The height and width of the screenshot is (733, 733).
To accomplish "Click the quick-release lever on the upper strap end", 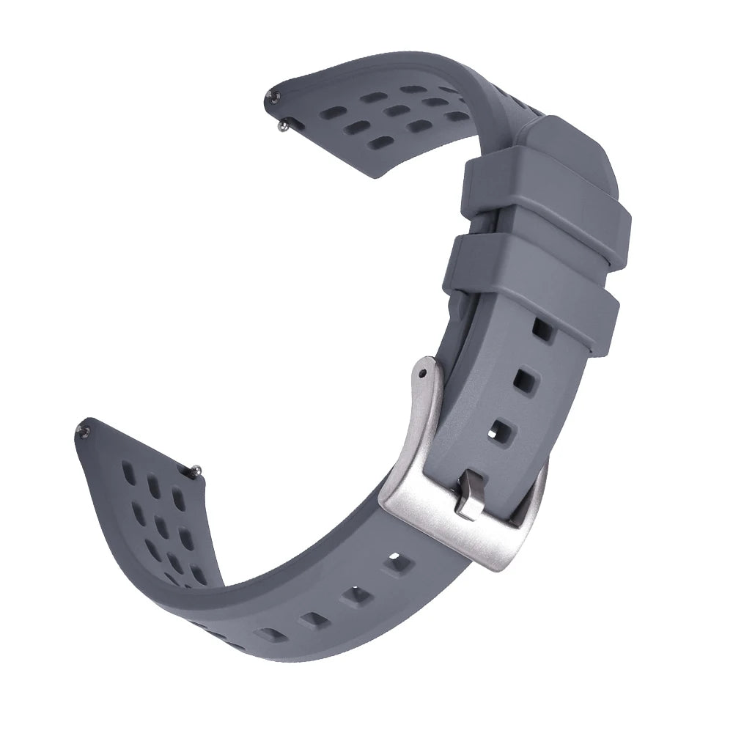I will click(283, 126).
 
